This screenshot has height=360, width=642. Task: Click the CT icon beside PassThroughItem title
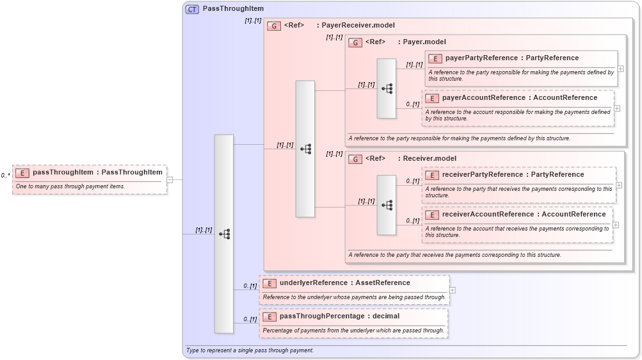coord(192,9)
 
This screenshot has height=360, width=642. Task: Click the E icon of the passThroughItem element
coord(22,173)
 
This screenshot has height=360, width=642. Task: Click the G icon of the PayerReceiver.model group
coord(274,26)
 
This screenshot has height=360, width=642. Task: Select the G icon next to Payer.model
coord(355,42)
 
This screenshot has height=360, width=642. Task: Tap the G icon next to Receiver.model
coord(355,159)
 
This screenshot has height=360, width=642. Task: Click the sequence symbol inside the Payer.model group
coord(387,88)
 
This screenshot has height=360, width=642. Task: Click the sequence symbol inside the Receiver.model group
coord(387,205)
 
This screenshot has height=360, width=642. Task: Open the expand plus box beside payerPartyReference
coord(620,69)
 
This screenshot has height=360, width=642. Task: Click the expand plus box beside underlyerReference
coord(453,290)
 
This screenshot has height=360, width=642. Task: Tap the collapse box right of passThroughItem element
coord(170,180)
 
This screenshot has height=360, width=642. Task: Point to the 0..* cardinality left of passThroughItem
coord(5,176)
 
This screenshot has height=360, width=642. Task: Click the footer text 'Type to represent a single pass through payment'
coord(250,350)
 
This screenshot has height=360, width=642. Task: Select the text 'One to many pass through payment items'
coord(70,186)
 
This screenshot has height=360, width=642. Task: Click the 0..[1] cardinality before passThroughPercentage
coord(250,319)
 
